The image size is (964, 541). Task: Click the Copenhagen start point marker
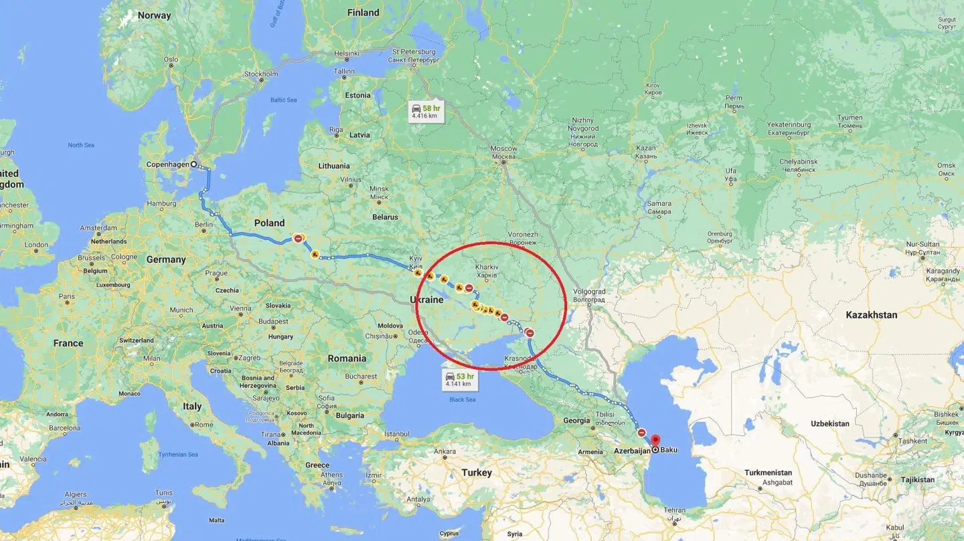tap(193, 164)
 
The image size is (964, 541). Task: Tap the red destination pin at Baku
tap(655, 440)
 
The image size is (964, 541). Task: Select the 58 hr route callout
tap(426, 111)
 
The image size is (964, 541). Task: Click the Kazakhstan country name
tap(871, 314)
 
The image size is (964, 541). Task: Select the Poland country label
tap(269, 223)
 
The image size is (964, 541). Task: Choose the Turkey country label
tap(476, 472)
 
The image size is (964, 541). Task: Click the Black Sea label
tap(462, 399)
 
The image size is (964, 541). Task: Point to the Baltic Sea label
tap(283, 100)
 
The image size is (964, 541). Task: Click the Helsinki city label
tap(347, 53)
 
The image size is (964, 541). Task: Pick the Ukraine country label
tap(426, 300)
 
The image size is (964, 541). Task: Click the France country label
tap(68, 342)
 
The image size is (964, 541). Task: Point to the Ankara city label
tap(445, 451)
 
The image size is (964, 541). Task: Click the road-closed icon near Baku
tap(642, 433)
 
